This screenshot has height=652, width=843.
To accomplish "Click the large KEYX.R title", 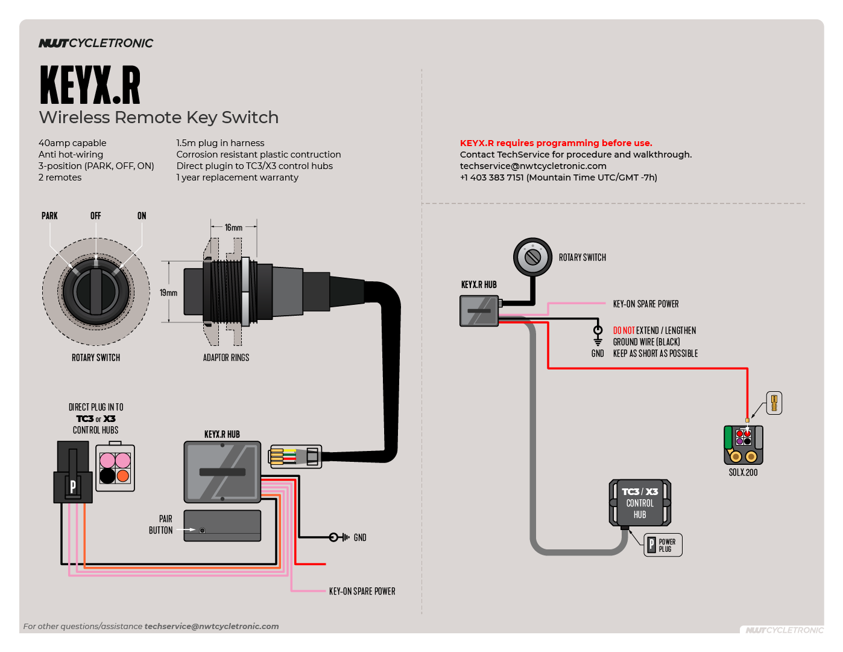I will click(x=90, y=85).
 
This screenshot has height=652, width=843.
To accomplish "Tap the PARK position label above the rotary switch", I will click(x=49, y=216).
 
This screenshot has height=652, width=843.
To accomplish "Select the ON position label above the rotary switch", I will click(x=142, y=216).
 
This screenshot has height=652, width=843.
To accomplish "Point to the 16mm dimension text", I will click(x=233, y=228).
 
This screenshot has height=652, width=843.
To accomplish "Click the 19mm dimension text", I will click(x=168, y=293).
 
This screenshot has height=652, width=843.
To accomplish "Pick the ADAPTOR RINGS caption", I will click(x=226, y=357).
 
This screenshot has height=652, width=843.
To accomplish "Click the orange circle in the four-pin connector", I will click(x=123, y=476).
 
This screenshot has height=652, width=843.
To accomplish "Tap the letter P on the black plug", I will click(x=73, y=486).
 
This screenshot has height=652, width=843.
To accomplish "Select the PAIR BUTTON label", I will click(x=161, y=525).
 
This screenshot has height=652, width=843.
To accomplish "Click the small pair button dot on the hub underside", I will click(x=203, y=531).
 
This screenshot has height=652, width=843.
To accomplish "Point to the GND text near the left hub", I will click(x=360, y=537).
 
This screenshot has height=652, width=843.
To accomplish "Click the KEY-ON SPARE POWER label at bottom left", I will click(x=362, y=591).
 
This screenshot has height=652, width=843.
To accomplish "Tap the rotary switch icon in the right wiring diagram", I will click(x=532, y=257).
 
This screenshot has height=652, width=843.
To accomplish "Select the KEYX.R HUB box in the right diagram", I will click(x=479, y=311).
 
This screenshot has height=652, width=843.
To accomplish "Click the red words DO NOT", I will click(x=624, y=330).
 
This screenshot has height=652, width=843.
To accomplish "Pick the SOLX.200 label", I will click(x=743, y=472).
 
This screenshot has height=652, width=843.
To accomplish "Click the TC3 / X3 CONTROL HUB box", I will click(x=640, y=503).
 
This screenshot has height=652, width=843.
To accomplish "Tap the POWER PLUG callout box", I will click(x=663, y=545).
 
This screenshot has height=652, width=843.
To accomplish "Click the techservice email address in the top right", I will click(x=533, y=166).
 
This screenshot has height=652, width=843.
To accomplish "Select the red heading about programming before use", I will click(x=556, y=143).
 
